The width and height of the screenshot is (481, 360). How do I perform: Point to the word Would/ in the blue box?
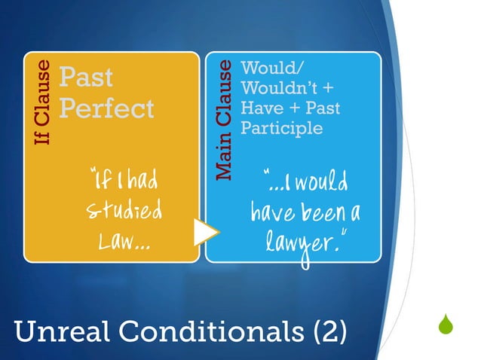tap(263, 69)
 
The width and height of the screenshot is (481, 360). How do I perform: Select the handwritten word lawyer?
tap(301, 245)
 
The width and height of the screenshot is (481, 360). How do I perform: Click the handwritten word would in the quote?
tap(329, 183)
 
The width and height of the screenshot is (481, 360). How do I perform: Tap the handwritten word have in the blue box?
tap(275, 214)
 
